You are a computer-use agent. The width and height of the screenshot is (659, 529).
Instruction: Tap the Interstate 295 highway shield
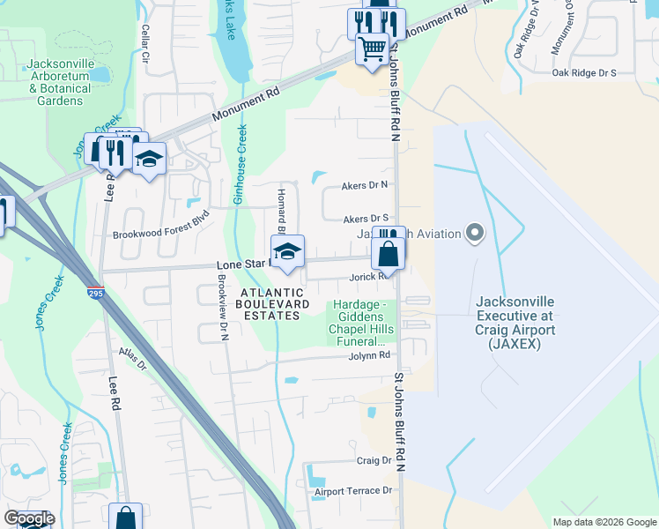pyautogui.click(x=94, y=291)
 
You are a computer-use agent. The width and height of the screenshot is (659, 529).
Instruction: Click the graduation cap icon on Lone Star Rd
pyautogui.click(x=287, y=252)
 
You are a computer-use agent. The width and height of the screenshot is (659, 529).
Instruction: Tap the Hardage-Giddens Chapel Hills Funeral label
pyautogui.click(x=359, y=323)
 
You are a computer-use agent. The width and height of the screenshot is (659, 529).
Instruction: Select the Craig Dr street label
pyautogui.click(x=374, y=460)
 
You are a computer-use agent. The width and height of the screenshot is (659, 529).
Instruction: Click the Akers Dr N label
pyautogui.click(x=365, y=185)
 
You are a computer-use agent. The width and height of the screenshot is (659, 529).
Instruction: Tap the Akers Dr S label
pyautogui.click(x=366, y=218)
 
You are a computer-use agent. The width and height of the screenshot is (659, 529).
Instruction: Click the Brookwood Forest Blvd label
pyautogui.click(x=161, y=235)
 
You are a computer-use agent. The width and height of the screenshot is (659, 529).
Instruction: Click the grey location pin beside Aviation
pyautogui.click(x=476, y=234)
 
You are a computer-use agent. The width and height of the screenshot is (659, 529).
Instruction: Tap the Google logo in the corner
pyautogui.click(x=28, y=518)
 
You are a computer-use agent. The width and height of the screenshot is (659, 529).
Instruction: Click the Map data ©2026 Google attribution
pyautogui.click(x=604, y=522)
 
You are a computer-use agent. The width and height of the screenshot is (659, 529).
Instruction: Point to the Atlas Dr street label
pyautogui.click(x=133, y=363)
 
